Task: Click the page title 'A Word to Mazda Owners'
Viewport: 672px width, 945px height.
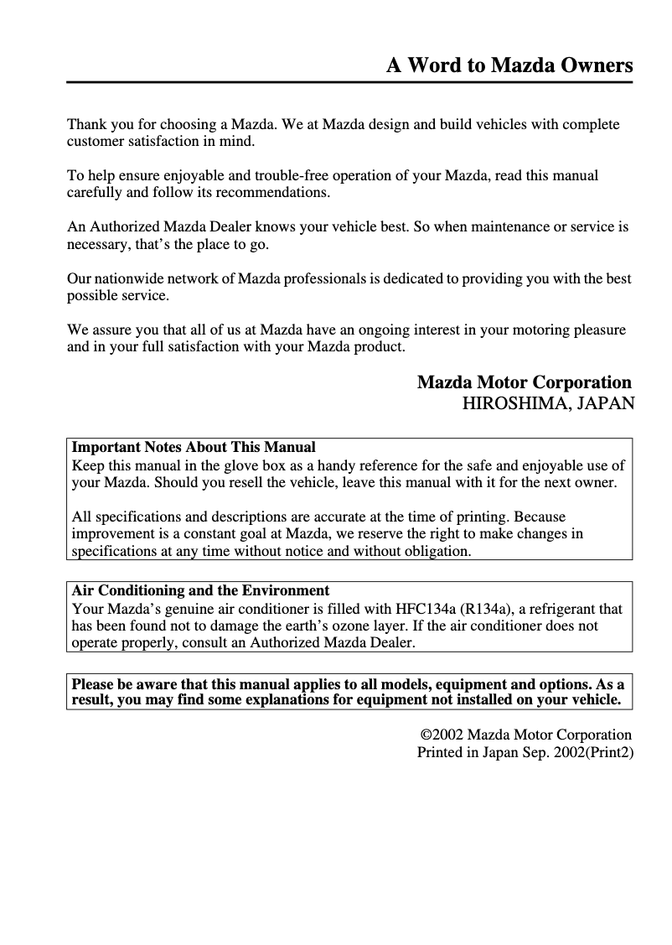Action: tap(509, 65)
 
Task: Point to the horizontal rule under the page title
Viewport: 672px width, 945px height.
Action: tap(349, 82)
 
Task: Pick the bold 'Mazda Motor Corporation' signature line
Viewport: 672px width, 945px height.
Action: tap(525, 382)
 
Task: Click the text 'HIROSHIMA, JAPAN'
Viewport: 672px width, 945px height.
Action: tap(548, 403)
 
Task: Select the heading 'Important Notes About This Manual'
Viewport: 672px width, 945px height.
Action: tap(194, 447)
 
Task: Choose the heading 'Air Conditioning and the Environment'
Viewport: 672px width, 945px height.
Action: tap(201, 590)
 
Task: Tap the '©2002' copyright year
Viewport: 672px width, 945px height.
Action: tap(441, 735)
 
